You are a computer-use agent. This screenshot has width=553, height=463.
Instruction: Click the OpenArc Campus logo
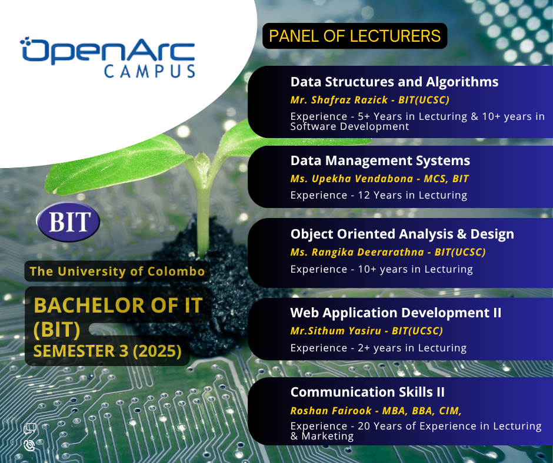108,57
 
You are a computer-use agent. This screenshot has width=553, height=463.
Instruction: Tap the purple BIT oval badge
68,222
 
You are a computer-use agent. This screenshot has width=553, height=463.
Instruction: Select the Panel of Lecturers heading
355,36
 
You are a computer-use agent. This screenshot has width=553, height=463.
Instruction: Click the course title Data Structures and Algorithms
394,82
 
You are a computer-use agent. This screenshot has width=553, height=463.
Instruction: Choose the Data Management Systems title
380,160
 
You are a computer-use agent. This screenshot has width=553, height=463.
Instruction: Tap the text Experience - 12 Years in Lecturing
379,195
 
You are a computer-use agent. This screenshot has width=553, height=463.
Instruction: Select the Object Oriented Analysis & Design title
402,234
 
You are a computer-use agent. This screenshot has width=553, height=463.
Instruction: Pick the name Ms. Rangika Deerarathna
357,252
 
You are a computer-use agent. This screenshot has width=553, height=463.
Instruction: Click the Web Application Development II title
396,313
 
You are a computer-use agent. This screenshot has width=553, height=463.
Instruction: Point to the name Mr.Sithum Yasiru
336,331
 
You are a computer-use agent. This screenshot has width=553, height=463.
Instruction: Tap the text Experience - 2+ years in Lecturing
378,348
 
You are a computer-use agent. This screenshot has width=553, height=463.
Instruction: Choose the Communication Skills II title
368,392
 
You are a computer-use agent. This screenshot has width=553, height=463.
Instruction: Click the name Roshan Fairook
331,411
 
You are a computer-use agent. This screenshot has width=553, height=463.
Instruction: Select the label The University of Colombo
117,271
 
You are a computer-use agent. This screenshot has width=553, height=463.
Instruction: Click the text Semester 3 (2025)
107,351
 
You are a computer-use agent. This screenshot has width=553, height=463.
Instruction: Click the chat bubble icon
30,428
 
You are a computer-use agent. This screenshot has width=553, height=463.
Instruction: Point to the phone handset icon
29,445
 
